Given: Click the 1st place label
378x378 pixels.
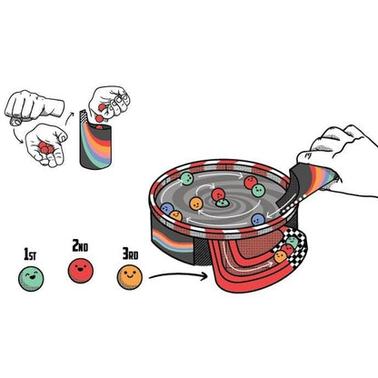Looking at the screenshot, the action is (x=30, y=254).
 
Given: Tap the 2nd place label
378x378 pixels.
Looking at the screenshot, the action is (x=80, y=245).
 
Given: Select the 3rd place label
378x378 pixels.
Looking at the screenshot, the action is (x=130, y=254).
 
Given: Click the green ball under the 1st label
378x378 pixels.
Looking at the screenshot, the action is (x=31, y=279).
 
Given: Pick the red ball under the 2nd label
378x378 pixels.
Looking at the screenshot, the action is (x=81, y=271).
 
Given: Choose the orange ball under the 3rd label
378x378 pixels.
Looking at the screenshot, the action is (x=130, y=277).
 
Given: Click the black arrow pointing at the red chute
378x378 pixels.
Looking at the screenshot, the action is (x=178, y=276).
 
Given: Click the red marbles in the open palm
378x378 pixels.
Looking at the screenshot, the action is (x=45, y=147).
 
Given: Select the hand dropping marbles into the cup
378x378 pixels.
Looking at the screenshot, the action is (x=109, y=103).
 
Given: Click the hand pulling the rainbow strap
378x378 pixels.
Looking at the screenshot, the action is (x=336, y=161).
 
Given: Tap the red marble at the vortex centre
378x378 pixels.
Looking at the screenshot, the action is (x=218, y=194).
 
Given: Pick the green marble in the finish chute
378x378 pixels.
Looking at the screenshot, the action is (x=293, y=243).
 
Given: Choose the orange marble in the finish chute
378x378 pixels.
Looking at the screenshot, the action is (x=280, y=257).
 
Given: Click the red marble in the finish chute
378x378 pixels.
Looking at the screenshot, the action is (x=287, y=250).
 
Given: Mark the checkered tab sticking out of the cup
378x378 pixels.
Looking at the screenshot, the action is (x=84, y=116).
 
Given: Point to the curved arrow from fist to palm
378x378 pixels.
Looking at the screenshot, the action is (x=16, y=135).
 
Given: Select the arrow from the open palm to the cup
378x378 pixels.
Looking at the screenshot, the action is (x=69, y=119).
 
